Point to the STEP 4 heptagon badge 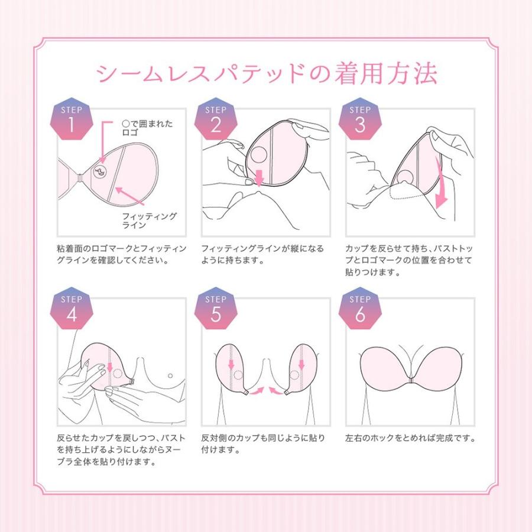(x=72, y=310)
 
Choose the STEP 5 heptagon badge (x=215, y=310)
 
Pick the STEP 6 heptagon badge (x=359, y=310)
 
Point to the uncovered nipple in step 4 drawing (x=170, y=375)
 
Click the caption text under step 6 (x=411, y=439)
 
